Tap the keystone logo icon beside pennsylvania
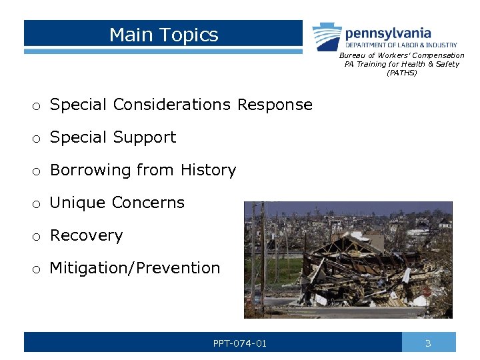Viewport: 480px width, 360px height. click(327, 36)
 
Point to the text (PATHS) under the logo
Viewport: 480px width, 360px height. click(401, 73)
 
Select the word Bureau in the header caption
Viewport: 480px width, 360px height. click(351, 55)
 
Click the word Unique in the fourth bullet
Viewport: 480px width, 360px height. click(73, 203)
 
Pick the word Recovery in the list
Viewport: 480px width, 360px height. click(87, 235)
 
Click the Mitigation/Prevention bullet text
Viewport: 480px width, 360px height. click(135, 268)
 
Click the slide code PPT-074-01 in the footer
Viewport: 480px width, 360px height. click(240, 343)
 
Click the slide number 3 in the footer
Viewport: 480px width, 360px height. click(429, 343)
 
